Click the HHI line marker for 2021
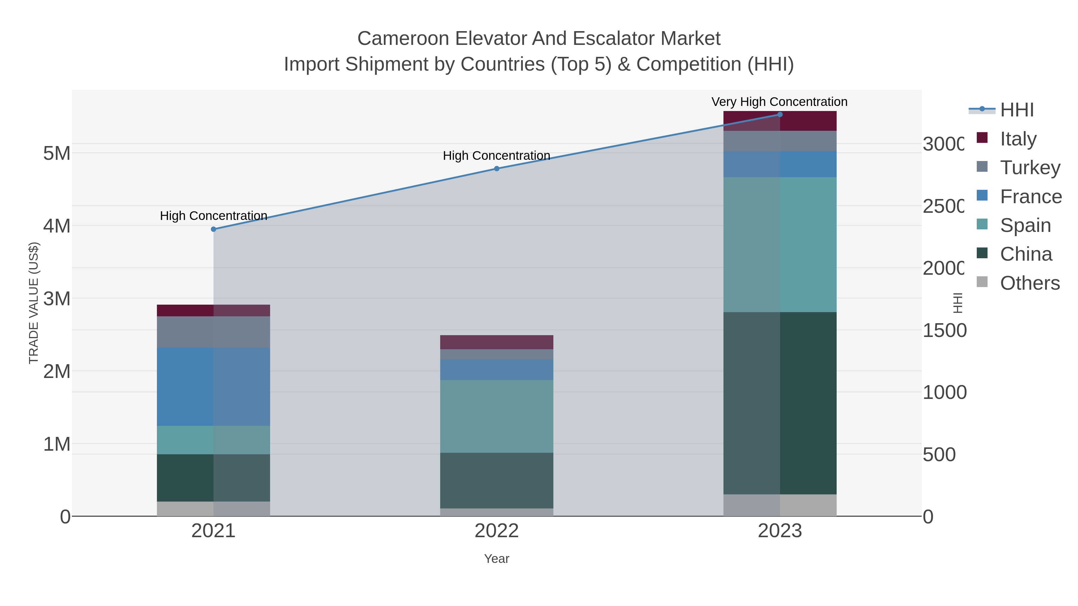pyautogui.click(x=214, y=229)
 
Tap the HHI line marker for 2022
pyautogui.click(x=497, y=168)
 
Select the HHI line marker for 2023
pyautogui.click(x=780, y=115)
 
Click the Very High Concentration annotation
pyautogui.click(x=779, y=102)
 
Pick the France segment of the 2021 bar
pyautogui.click(x=214, y=387)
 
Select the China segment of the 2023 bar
pyautogui.click(x=780, y=403)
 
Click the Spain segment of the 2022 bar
pyautogui.click(x=497, y=416)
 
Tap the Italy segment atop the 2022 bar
pyautogui.click(x=497, y=342)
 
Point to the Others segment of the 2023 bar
pyautogui.click(x=780, y=505)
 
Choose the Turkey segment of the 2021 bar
pyautogui.click(x=214, y=332)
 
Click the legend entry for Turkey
pyautogui.click(x=1030, y=167)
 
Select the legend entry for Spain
pyautogui.click(x=1025, y=225)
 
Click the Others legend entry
pyautogui.click(x=1030, y=283)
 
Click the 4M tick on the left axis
pyautogui.click(x=57, y=226)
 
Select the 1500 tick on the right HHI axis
pyautogui.click(x=944, y=330)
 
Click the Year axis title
pyautogui.click(x=497, y=559)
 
